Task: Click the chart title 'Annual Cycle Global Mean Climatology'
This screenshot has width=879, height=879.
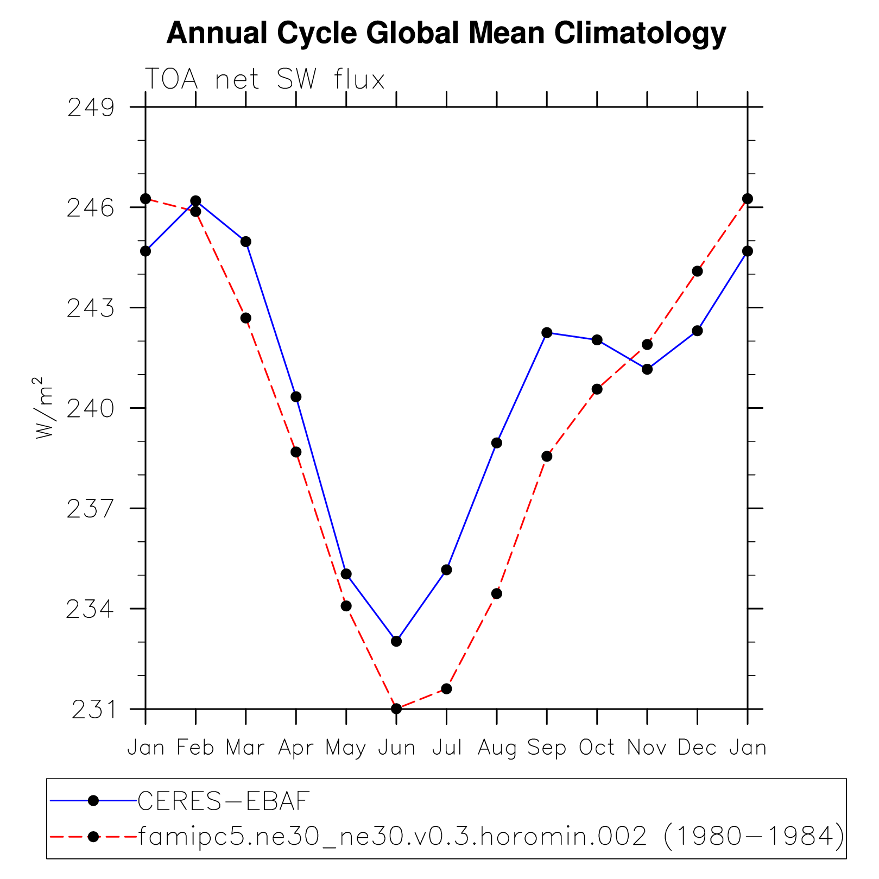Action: click(446, 34)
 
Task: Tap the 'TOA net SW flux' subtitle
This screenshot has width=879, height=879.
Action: click(264, 80)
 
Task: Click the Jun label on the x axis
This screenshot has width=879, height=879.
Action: click(396, 748)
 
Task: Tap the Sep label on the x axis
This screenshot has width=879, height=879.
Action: click(547, 748)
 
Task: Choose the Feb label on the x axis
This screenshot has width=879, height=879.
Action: click(195, 748)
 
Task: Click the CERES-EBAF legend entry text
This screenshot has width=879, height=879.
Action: click(224, 801)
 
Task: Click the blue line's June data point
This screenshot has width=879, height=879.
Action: click(396, 641)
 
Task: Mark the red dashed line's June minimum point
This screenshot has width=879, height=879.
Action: click(396, 709)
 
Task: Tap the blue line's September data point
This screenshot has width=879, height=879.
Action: click(547, 333)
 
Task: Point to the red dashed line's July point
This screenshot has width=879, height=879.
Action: click(446, 688)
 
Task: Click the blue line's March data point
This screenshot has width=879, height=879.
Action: click(246, 242)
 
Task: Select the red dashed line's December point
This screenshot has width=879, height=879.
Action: click(697, 271)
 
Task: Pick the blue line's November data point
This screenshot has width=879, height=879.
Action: click(647, 369)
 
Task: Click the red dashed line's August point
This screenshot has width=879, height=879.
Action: click(497, 593)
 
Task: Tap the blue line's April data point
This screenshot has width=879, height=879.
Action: click(296, 397)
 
